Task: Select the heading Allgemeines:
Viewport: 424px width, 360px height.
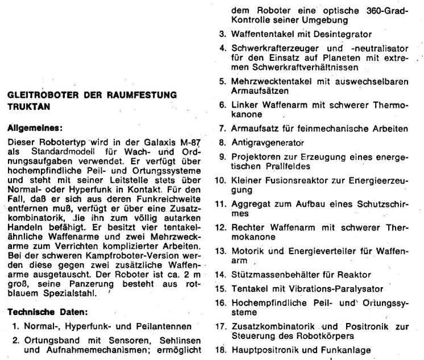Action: click(x=35, y=128)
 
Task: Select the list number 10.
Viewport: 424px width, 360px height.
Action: click(x=222, y=180)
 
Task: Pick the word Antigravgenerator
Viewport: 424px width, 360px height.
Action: click(x=268, y=142)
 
